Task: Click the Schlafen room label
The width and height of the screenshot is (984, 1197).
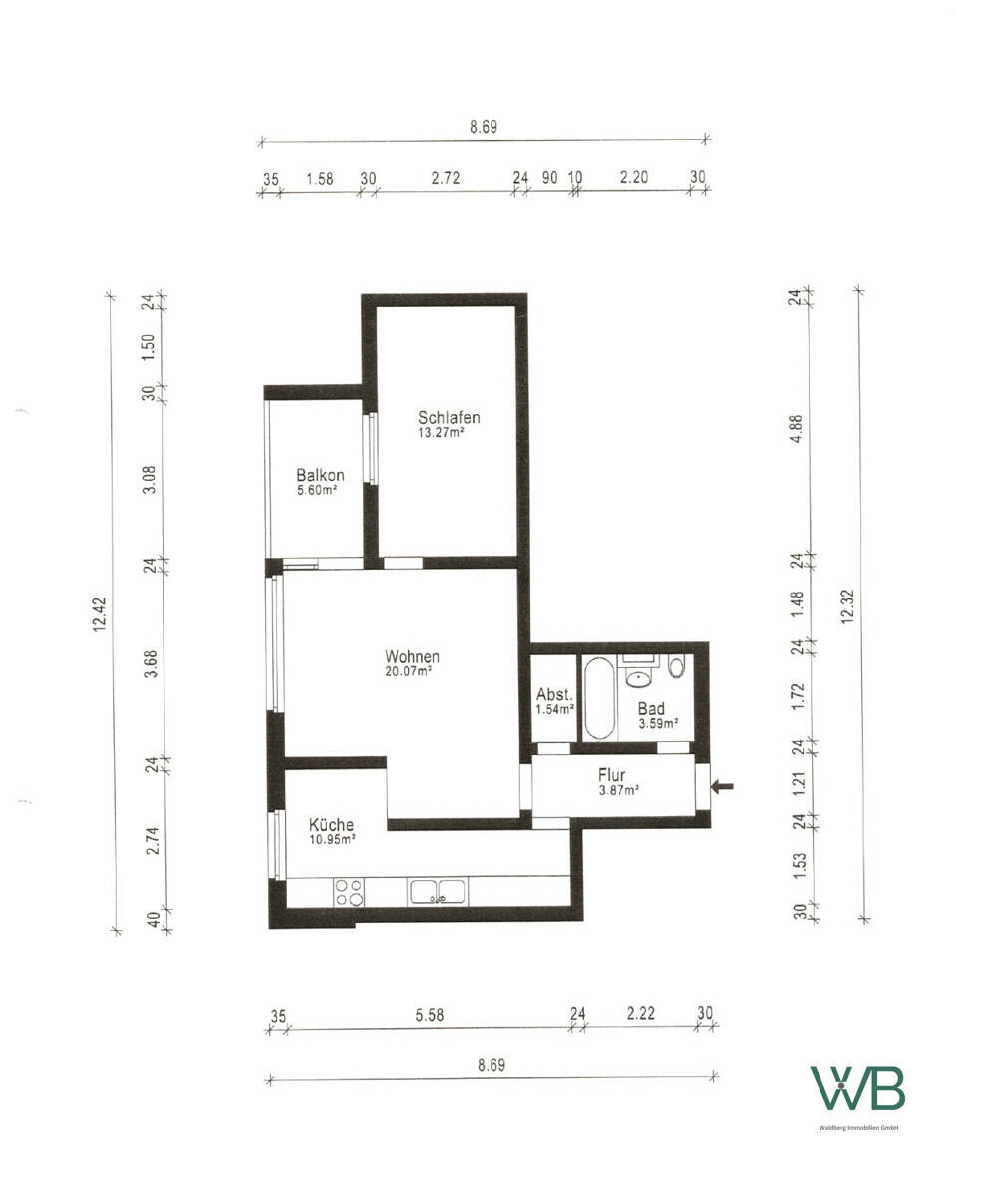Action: click(x=449, y=418)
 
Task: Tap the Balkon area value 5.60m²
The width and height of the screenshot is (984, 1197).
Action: click(x=317, y=490)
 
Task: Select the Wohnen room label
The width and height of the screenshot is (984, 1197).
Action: click(x=412, y=656)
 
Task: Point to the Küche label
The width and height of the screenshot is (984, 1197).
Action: click(x=331, y=824)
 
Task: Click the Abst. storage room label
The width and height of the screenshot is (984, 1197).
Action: click(x=554, y=694)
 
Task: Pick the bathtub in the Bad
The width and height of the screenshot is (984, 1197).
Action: click(x=599, y=698)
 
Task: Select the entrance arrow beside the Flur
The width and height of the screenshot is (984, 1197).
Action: click(x=722, y=787)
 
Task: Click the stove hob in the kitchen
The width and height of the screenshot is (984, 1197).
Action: click(x=349, y=892)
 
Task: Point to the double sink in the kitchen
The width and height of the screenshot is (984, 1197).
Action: click(x=438, y=891)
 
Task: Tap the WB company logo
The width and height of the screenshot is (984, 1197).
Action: click(x=857, y=1088)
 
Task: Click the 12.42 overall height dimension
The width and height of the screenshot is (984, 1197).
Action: click(x=99, y=613)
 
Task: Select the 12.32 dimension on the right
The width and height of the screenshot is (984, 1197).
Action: click(x=846, y=606)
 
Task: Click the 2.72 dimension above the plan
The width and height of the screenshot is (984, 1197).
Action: click(x=446, y=178)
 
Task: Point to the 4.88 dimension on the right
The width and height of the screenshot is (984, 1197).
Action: click(x=797, y=429)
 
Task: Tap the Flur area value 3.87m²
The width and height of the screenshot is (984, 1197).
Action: click(x=619, y=789)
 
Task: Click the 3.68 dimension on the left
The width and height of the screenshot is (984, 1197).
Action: click(x=151, y=664)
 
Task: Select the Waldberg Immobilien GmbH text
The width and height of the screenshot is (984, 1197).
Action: click(x=858, y=1128)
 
